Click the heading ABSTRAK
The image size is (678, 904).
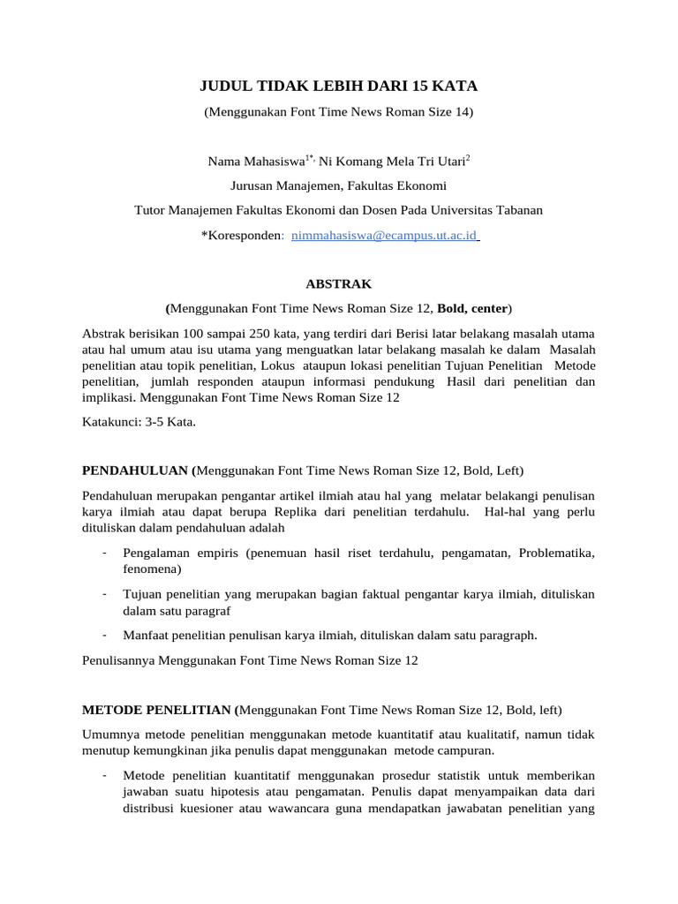pyautogui.click(x=338, y=284)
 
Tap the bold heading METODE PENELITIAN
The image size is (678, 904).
pyautogui.click(x=158, y=710)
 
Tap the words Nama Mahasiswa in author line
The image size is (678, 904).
pyautogui.click(x=256, y=162)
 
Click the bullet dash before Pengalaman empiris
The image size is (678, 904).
pyautogui.click(x=104, y=553)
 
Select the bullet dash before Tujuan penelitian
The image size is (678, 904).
pyautogui.click(x=104, y=593)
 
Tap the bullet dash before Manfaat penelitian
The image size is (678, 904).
pyautogui.click(x=104, y=634)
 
